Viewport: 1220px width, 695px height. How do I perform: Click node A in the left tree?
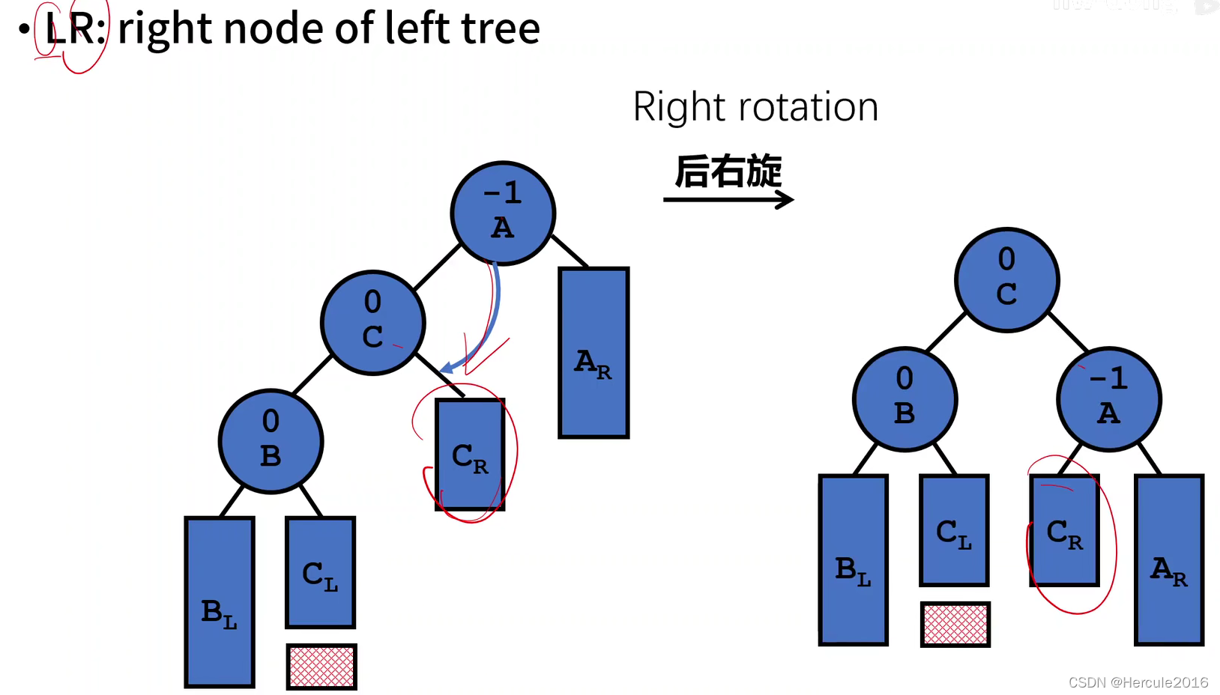point(503,213)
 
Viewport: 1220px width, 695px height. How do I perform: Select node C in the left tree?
point(372,323)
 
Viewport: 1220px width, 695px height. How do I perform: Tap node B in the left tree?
point(271,441)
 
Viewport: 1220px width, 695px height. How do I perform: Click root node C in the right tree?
point(1006,279)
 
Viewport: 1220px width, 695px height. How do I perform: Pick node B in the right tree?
point(905,399)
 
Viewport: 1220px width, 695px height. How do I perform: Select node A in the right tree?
point(1108,399)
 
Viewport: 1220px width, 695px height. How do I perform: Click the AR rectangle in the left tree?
point(594,353)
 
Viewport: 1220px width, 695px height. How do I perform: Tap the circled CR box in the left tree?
point(470,455)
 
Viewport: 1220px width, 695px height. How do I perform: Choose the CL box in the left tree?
point(320,572)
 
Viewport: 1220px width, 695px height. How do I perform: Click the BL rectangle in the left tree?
point(220,602)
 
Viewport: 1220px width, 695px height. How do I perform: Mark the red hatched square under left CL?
point(321,667)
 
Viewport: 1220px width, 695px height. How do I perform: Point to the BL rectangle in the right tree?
point(853,559)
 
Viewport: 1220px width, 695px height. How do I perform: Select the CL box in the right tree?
point(954,530)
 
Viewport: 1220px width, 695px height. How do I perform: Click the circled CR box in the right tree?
point(1064,530)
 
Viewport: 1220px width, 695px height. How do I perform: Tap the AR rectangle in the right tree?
point(1169,559)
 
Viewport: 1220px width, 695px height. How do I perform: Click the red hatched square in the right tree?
point(955,625)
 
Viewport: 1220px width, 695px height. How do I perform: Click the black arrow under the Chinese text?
point(728,200)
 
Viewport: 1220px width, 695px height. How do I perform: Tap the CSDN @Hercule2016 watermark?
point(1138,682)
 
